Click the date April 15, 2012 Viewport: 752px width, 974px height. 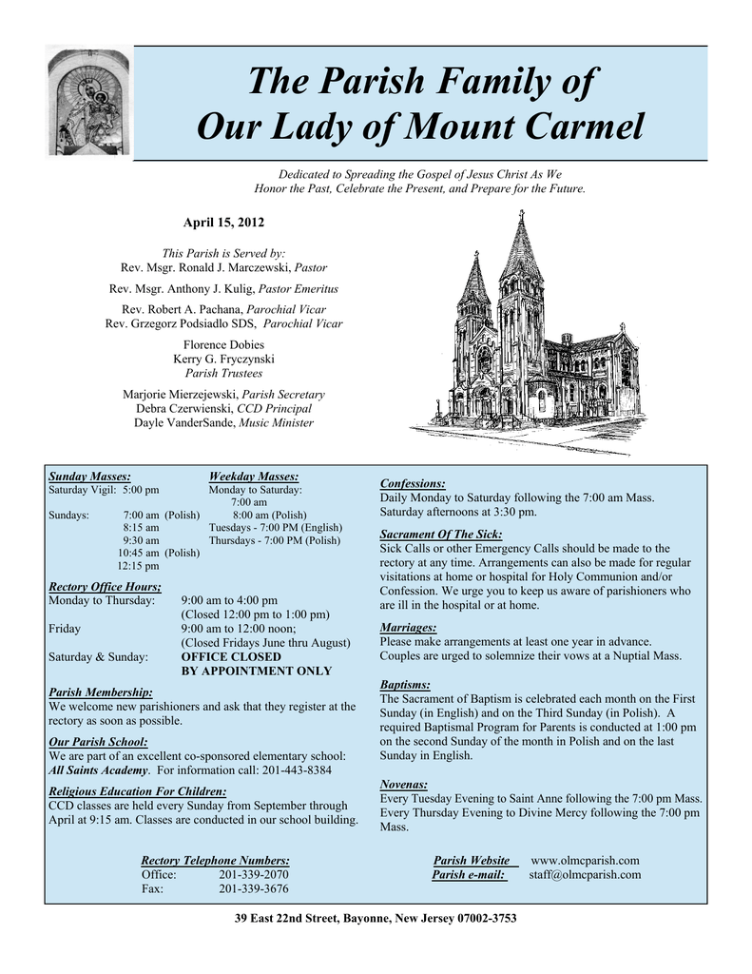coord(223,222)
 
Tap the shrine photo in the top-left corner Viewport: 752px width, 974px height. coord(89,102)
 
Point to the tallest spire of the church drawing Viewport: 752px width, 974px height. coord(521,228)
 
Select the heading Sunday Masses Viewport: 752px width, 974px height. coord(89,476)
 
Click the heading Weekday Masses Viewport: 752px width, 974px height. coord(253,476)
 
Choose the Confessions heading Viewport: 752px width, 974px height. coord(413,483)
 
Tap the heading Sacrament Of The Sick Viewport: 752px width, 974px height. coord(441,534)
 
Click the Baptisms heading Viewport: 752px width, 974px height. coord(405,684)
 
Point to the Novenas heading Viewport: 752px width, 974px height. coord(403,784)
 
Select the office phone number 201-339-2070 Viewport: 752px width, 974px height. coord(254,874)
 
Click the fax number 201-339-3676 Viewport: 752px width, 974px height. coord(254,888)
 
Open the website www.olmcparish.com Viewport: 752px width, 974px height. coord(585,860)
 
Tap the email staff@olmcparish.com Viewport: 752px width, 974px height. coord(585,874)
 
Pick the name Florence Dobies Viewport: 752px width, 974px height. coord(223,344)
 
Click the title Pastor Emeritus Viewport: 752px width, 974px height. coord(298,288)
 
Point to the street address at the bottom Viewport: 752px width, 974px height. coord(376,918)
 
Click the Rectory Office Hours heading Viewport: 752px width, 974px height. coord(105,586)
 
